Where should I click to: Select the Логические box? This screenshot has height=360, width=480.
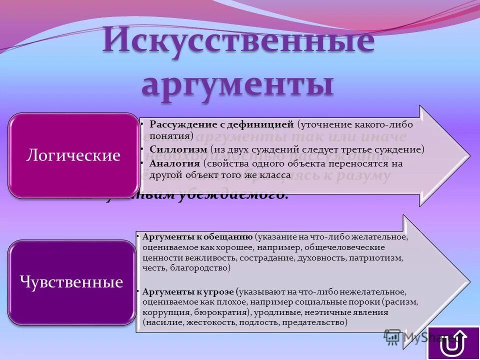click(x=73, y=155)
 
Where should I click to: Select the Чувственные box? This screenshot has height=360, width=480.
click(x=71, y=282)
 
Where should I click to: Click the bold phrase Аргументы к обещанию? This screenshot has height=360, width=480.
click(x=197, y=236)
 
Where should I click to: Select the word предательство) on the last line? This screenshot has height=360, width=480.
click(x=314, y=323)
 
